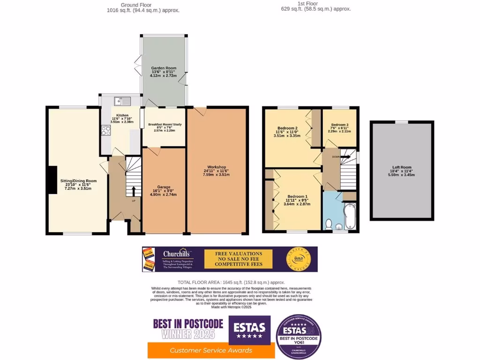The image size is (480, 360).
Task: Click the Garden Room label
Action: tap(161, 68)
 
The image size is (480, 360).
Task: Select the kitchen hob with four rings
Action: tap(105, 130)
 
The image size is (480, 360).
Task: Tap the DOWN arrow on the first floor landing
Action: tap(345, 157)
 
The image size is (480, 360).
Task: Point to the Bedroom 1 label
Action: tap(298, 196)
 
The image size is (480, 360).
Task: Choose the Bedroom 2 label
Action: tap(287, 128)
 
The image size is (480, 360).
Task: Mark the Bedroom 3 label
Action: tap(340, 125)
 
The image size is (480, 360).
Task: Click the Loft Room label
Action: tap(402, 167)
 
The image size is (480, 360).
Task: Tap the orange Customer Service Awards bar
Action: tap(211, 350)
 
